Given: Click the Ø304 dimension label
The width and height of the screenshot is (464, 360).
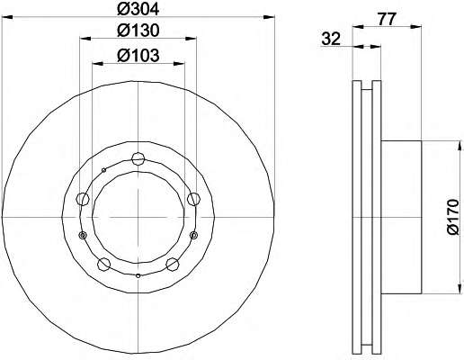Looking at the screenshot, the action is pos(138,10).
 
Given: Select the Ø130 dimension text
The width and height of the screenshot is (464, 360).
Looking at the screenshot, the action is pos(138,31).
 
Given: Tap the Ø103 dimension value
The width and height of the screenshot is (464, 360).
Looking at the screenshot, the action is pos(138,55).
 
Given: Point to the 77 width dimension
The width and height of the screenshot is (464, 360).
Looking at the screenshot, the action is pos(387,19).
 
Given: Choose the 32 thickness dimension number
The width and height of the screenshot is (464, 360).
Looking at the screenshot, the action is pos(331,39).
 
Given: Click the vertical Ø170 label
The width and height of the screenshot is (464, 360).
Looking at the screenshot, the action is pos(452,217).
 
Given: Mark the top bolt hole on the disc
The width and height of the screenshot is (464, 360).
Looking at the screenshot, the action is pos(138,158).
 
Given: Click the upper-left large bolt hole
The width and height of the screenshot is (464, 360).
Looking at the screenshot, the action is pos(83,199).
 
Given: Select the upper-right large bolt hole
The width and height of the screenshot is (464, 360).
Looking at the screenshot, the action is pos(193,199).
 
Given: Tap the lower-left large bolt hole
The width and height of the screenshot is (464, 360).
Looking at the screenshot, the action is pos(103,264).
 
